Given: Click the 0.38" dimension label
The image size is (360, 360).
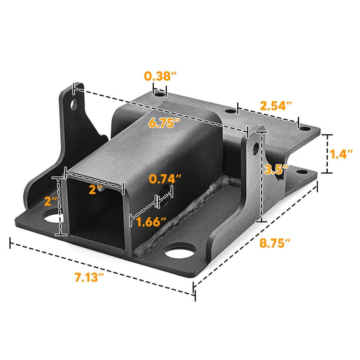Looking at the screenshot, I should coord(160,76).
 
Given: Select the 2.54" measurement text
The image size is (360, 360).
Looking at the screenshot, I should coord(276,105).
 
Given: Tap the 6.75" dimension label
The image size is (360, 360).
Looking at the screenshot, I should coord(164,122).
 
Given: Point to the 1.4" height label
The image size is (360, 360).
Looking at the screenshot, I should coord(341,153).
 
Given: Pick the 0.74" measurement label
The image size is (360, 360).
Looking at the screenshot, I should coord(165,178).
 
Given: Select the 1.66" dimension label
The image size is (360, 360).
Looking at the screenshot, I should coord(151,221).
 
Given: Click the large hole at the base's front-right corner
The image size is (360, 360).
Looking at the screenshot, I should coord(180,253).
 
